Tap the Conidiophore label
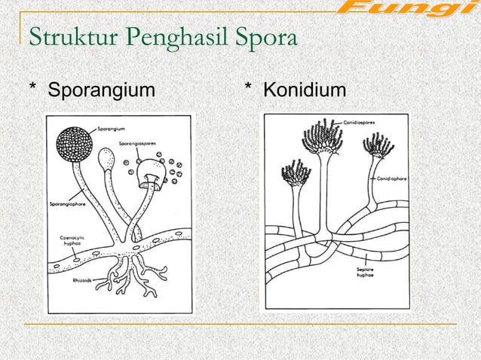(392, 178)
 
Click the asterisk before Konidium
(249, 91)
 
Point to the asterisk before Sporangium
(33, 91)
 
